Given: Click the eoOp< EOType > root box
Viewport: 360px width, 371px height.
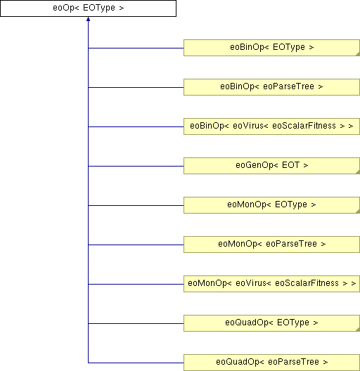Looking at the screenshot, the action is click(88, 8).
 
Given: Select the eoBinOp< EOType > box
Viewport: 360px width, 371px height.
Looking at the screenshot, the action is click(271, 48).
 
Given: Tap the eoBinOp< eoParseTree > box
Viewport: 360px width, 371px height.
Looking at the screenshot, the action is click(271, 87).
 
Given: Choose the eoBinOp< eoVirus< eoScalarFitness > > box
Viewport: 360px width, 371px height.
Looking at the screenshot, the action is click(271, 126).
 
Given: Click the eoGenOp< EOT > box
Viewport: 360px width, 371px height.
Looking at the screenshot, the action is click(271, 166).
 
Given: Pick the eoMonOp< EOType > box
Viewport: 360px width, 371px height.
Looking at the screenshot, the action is click(271, 205).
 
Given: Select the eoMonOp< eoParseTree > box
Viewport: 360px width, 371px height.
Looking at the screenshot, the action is click(271, 245).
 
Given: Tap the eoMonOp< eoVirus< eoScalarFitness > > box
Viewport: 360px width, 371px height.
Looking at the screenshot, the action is click(271, 284).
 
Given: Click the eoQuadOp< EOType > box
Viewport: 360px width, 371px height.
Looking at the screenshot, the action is click(271, 323).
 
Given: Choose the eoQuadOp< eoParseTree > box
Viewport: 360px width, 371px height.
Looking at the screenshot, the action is click(271, 363).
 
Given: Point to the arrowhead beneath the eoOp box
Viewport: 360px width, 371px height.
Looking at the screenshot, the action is click(88, 19).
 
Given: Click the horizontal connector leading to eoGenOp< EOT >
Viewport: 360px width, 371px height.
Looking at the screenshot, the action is click(136, 166).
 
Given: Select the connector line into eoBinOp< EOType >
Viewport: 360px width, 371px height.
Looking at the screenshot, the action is click(136, 48).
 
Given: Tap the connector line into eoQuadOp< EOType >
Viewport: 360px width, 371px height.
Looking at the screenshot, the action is click(136, 323).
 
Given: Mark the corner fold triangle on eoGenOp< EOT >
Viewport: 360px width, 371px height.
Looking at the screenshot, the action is click(358, 172).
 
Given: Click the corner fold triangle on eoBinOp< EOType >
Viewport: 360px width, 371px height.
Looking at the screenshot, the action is click(358, 54).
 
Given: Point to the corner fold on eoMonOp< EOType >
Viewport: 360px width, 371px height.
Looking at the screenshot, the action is click(358, 211).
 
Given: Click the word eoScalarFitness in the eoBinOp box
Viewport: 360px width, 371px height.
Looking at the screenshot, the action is click(304, 126).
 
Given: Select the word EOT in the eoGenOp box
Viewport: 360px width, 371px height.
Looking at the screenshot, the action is click(290, 165).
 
